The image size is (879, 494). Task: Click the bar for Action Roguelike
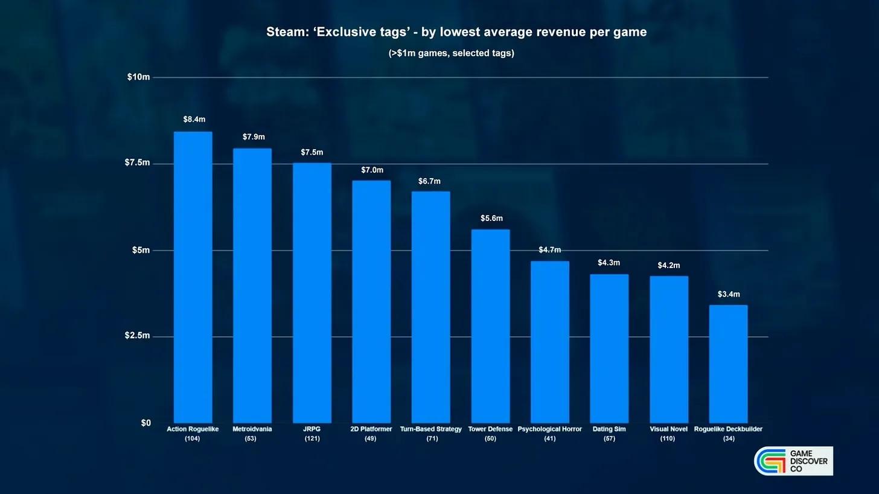[x=193, y=277]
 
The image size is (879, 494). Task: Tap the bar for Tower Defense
[x=490, y=326]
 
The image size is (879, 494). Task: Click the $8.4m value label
[x=194, y=120]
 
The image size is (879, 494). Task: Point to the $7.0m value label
[x=372, y=170]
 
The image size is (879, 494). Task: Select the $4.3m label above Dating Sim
[x=609, y=263]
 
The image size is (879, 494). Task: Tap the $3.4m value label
[x=728, y=295]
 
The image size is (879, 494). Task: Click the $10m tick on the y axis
[x=138, y=77]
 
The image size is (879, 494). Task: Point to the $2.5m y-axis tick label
[x=137, y=336]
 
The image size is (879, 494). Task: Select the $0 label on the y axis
[x=145, y=423]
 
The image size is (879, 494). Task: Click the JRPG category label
[x=312, y=429]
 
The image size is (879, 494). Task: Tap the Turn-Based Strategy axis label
[x=430, y=429]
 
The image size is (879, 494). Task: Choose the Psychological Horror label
[x=549, y=429]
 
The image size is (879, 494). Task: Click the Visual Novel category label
[x=667, y=429]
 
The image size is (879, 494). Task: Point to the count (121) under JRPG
[x=312, y=439]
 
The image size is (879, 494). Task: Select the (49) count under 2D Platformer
[x=371, y=439]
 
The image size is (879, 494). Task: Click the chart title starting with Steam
[x=456, y=32]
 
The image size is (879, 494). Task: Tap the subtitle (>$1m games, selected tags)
[x=451, y=53]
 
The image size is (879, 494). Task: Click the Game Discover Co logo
[x=793, y=461]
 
